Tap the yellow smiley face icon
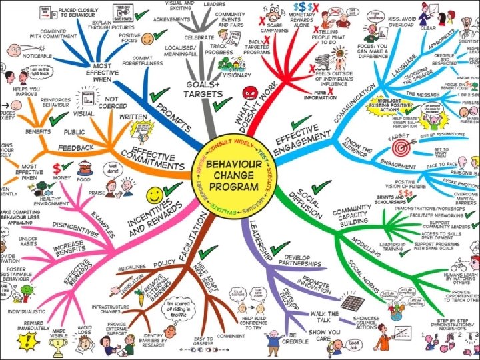[155, 195]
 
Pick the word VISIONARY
[238, 75]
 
